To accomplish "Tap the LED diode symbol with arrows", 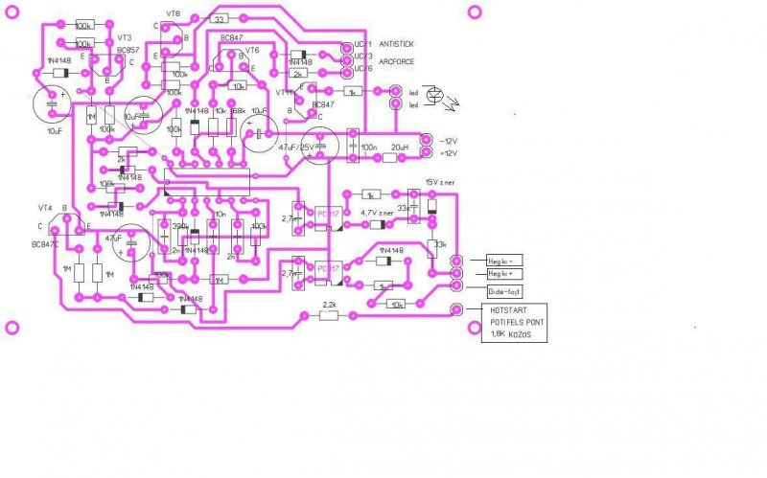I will [x=435, y=96].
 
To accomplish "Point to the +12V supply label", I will [x=449, y=153].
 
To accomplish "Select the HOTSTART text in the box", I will [x=508, y=310].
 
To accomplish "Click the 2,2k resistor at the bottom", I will [x=329, y=306].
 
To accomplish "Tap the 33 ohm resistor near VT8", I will [x=219, y=19].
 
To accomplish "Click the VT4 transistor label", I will [x=45, y=208].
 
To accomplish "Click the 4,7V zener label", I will [x=376, y=213].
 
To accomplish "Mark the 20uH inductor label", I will [x=400, y=147].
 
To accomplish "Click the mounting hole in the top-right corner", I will [x=474, y=11].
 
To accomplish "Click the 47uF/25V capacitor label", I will [x=295, y=148].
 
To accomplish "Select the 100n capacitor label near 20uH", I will [x=367, y=147].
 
